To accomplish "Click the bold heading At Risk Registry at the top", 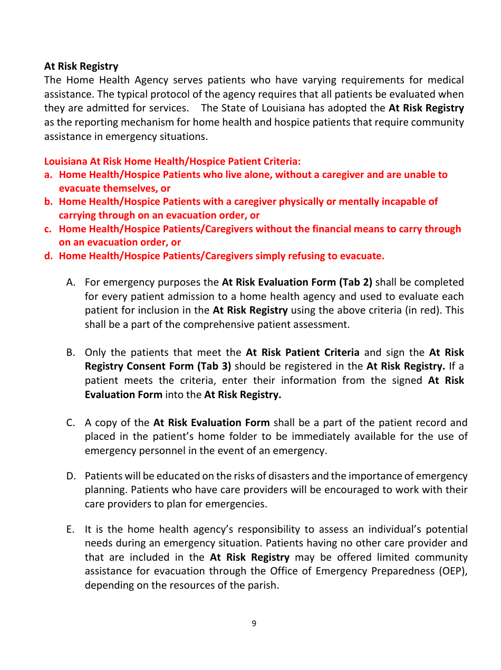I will tap(81, 66).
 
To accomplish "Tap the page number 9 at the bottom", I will tap(254, 624).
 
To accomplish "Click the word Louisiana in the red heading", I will tap(65, 161).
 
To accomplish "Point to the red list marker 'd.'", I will tap(49, 256).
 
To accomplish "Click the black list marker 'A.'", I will tap(72, 282).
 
